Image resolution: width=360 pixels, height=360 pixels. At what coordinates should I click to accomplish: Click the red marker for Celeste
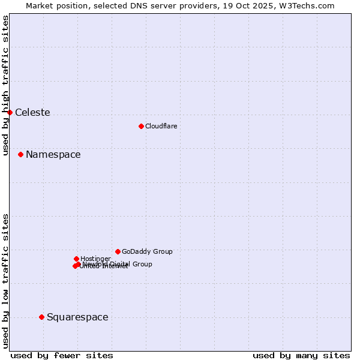(x=10, y=112)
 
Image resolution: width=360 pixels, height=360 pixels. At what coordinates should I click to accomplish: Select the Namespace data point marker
(x=20, y=154)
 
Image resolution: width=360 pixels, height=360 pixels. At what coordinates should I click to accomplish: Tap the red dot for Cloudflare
(x=141, y=126)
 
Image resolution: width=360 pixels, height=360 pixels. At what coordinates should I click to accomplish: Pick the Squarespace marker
(x=41, y=317)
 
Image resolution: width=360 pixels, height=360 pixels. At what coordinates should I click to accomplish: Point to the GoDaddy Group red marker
(x=118, y=251)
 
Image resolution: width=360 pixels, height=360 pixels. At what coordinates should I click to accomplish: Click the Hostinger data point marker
(x=76, y=259)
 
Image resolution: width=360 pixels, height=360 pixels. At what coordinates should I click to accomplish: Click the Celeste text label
(x=32, y=113)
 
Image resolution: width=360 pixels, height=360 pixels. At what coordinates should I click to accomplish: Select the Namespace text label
(x=53, y=155)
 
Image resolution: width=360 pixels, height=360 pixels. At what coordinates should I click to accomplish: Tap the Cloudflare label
(x=161, y=127)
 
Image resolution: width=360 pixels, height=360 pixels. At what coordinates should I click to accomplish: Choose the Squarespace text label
(x=77, y=317)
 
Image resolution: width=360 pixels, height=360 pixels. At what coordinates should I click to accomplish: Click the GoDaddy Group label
(x=147, y=252)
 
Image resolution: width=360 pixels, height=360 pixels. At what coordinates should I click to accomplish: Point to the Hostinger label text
(x=95, y=259)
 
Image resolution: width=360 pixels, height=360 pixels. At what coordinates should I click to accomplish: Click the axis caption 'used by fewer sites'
(x=62, y=355)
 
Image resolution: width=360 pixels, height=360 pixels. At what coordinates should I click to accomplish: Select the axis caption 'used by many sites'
(x=301, y=355)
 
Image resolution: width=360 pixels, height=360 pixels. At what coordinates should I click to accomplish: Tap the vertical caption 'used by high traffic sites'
(x=6, y=85)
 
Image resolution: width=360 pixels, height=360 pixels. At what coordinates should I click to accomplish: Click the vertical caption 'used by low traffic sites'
(x=6, y=280)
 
